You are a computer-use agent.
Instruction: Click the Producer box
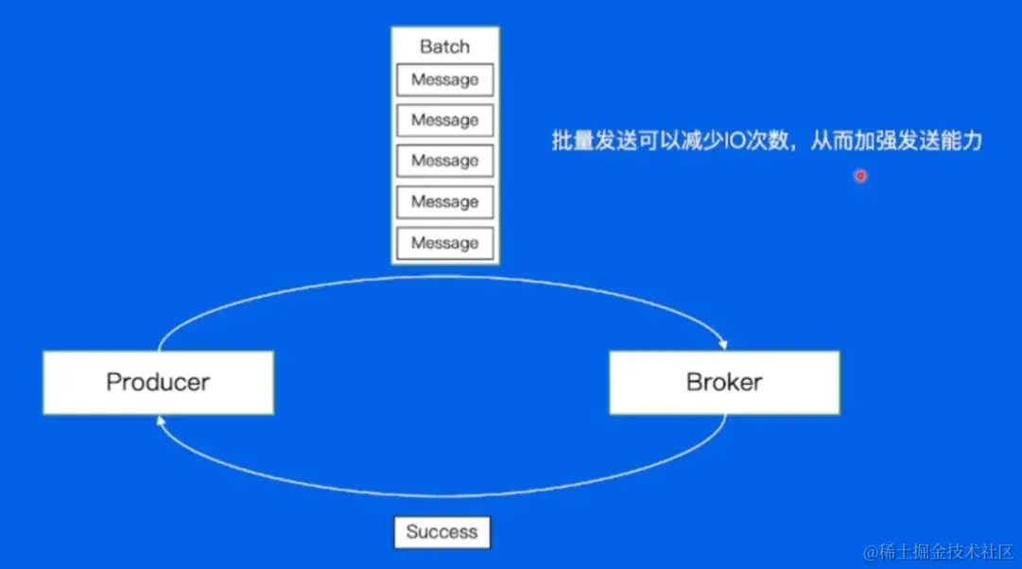pyautogui.click(x=158, y=383)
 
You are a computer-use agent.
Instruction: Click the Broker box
pyautogui.click(x=724, y=383)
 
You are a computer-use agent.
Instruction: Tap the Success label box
pyautogui.click(x=442, y=532)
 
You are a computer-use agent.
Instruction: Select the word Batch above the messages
pyautogui.click(x=444, y=46)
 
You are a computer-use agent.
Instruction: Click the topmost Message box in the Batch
pyautogui.click(x=444, y=80)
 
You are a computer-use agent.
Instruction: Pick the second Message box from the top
pyautogui.click(x=444, y=121)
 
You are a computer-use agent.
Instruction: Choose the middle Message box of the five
pyautogui.click(x=444, y=162)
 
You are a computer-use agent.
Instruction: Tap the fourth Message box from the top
pyautogui.click(x=444, y=202)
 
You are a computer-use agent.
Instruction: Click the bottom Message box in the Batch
pyautogui.click(x=444, y=243)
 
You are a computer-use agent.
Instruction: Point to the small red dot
pyautogui.click(x=860, y=176)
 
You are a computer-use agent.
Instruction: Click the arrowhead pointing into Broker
pyautogui.click(x=722, y=344)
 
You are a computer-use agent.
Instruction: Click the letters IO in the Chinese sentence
pyautogui.click(x=734, y=143)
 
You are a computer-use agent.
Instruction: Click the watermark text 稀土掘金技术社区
pyautogui.click(x=945, y=551)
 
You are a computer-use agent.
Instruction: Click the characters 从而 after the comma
pyautogui.click(x=832, y=143)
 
